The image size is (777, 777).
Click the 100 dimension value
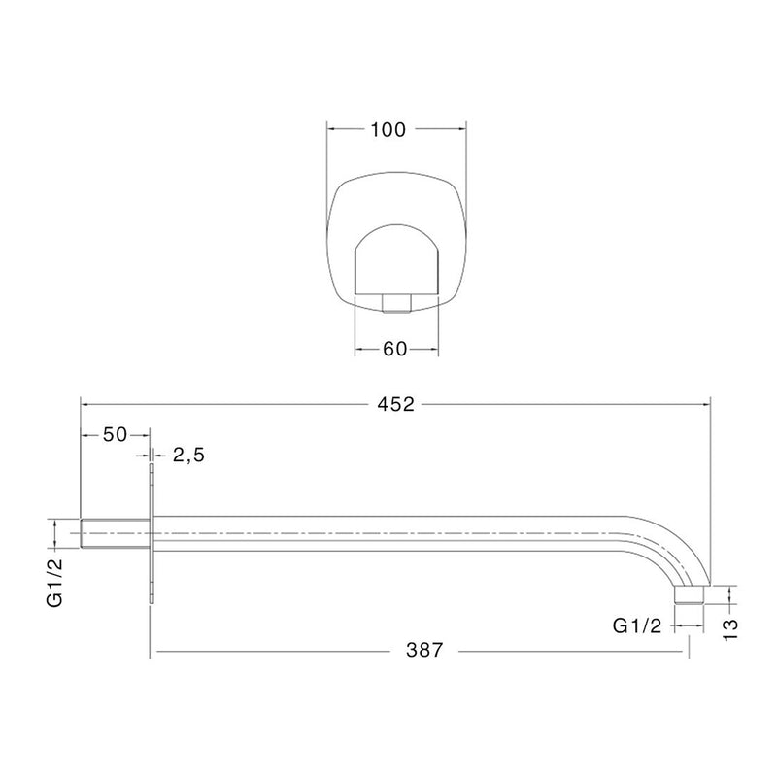coord(388,130)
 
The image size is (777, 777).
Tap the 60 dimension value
coord(395,350)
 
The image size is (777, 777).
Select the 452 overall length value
coord(395,405)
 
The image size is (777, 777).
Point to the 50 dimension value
coord(115,434)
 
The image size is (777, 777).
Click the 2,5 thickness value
coord(188,455)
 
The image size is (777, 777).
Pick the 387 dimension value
coord(423,650)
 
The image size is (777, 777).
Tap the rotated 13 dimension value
coord(731,629)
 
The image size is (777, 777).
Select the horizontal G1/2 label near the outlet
coord(637,625)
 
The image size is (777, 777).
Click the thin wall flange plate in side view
coord(152,533)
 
